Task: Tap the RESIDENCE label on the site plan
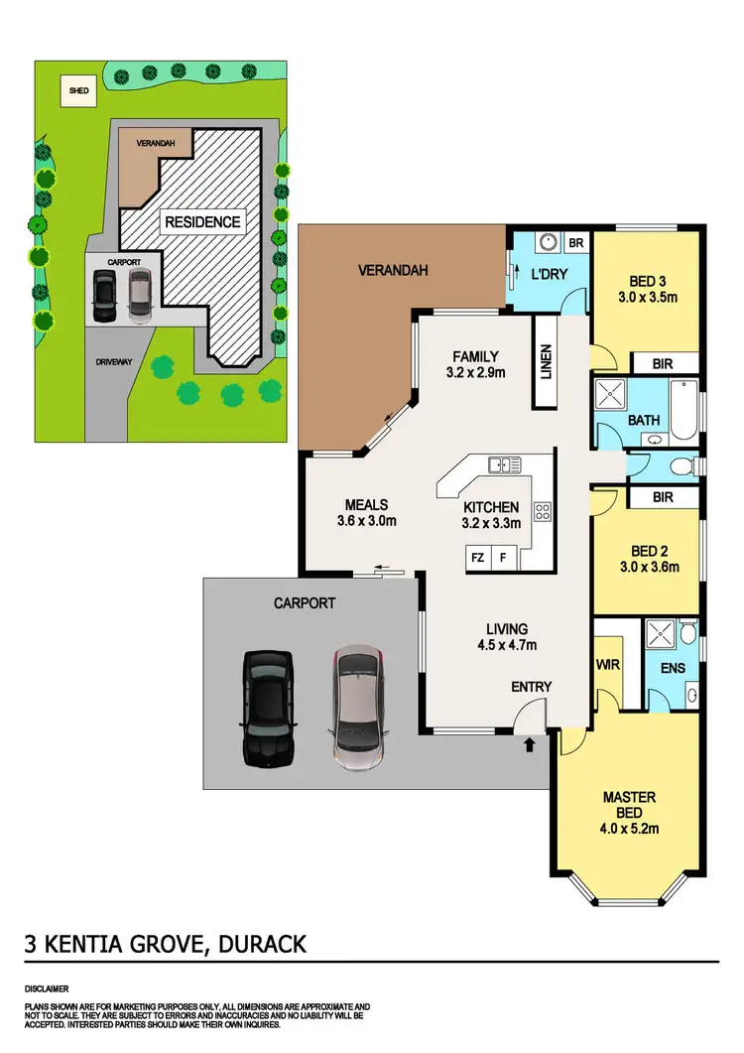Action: click(x=201, y=221)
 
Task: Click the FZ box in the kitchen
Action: click(x=477, y=558)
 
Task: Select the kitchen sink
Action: click(x=505, y=464)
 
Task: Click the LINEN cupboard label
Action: click(x=546, y=361)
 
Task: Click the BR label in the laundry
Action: click(x=576, y=241)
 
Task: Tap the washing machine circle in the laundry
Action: click(x=545, y=242)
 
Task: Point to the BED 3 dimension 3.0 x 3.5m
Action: click(x=648, y=296)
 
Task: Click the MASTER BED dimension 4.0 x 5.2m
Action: click(x=629, y=830)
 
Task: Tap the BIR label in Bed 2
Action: click(x=663, y=497)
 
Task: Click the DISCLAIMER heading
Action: click(x=47, y=989)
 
